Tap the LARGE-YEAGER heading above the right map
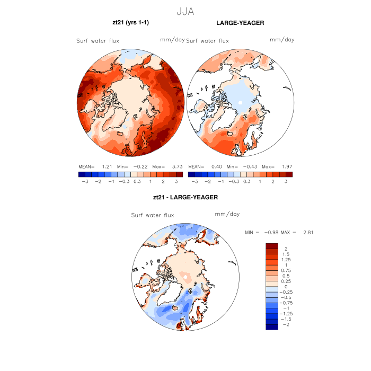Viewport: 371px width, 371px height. tap(240, 23)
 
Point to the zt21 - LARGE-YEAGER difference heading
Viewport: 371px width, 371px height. tap(185, 197)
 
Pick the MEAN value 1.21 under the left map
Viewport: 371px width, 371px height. tap(105, 166)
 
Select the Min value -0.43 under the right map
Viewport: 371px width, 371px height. tap(249, 166)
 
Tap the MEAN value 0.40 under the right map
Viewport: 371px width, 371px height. tap(216, 166)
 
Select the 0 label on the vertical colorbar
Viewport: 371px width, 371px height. tap(286, 286)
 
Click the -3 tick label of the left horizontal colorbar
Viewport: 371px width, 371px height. tap(83, 181)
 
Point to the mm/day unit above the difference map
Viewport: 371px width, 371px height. tap(227, 214)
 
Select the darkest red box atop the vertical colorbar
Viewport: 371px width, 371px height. tap(271, 246)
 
